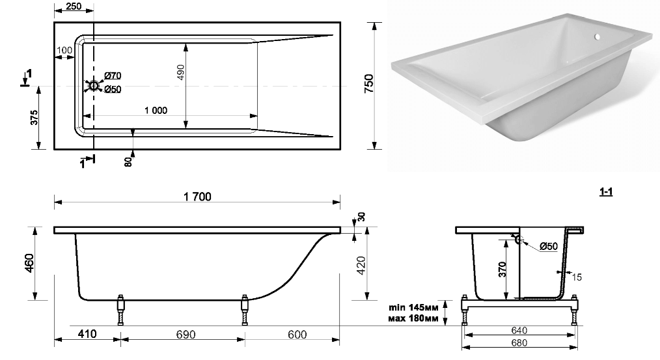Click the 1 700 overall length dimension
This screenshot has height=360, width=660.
click(197, 197)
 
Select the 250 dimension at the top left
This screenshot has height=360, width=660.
click(74, 7)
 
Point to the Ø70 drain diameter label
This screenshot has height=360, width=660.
click(113, 76)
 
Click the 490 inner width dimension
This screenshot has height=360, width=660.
click(180, 74)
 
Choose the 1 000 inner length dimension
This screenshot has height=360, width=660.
click(156, 110)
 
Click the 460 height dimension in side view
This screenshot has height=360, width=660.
click(30, 263)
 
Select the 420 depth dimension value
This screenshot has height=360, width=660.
click(361, 265)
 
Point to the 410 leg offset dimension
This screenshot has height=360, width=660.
click(88, 334)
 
